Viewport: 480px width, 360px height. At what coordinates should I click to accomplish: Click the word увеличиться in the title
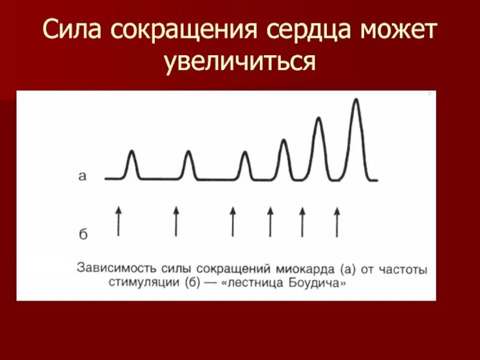(x=240, y=62)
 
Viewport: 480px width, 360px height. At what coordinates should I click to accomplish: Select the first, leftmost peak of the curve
(x=132, y=154)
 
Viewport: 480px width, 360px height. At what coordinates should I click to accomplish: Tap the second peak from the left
(x=188, y=154)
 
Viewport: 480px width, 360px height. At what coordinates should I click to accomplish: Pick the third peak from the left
(x=245, y=154)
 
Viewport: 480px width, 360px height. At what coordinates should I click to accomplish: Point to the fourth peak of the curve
(x=284, y=142)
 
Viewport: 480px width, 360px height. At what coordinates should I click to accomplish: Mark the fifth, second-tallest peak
(x=319, y=120)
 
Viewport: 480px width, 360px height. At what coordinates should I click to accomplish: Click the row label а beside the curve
(x=83, y=176)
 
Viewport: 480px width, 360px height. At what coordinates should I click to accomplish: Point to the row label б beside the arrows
(x=83, y=233)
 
